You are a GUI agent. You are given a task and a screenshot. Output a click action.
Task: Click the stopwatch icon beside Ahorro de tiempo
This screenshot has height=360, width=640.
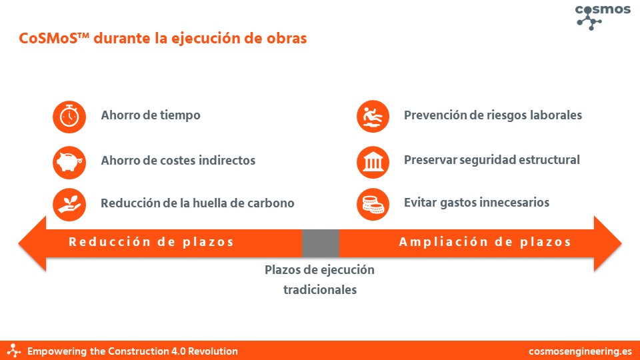pos(69,117)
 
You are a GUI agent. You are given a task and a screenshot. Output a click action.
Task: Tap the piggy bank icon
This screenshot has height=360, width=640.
pos(69,162)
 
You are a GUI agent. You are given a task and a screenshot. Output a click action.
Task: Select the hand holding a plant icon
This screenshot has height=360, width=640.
pos(69,204)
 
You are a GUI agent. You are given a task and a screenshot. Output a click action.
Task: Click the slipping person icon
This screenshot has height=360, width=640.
pos(373,116)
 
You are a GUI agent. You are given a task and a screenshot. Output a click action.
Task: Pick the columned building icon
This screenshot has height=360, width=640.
pos(373,162)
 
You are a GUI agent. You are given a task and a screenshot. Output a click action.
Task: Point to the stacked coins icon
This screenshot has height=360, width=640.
pos(373,204)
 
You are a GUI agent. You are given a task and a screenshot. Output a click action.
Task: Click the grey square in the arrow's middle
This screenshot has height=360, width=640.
pos(321,243)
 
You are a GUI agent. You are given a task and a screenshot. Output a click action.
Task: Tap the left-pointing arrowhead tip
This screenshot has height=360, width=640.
pos(19,244)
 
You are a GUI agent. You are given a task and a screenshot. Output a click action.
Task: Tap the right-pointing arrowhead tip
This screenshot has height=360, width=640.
pos(621,244)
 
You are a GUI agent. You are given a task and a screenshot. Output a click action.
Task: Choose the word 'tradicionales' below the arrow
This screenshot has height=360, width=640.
pos(320,290)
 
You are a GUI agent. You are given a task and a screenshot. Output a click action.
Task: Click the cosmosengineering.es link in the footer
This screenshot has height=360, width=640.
pos(580,351)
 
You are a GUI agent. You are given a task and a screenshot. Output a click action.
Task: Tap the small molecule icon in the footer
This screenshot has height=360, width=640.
pos(14,351)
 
